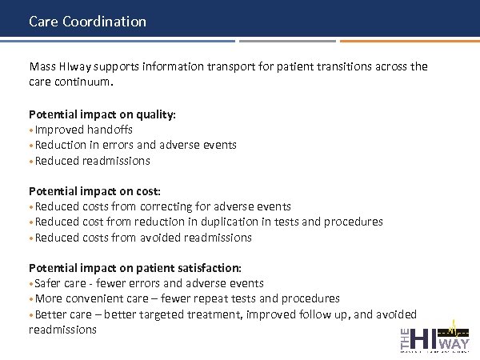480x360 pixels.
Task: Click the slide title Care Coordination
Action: [87, 22]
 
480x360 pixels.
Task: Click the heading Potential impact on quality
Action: [102, 114]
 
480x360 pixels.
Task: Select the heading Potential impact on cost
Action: [94, 191]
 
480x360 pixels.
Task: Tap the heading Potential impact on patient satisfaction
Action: [134, 268]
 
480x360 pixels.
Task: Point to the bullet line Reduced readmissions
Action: [92, 161]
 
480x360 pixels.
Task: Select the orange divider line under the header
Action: [408, 41]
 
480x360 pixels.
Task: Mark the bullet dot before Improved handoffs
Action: [31, 130]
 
